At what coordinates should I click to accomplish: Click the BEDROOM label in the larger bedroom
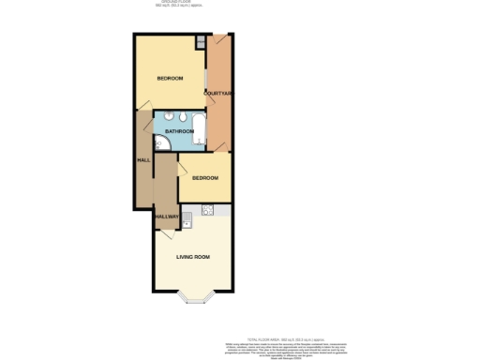tap(170, 78)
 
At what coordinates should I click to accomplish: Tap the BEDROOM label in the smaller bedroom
tap(204, 177)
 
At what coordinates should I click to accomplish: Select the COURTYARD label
tap(217, 92)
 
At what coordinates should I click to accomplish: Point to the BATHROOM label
tap(178, 131)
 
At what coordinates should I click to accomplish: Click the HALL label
tap(143, 160)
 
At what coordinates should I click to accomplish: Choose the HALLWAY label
tap(166, 217)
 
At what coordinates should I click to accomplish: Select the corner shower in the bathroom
tap(160, 142)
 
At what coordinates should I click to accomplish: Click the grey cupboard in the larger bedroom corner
tap(200, 43)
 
